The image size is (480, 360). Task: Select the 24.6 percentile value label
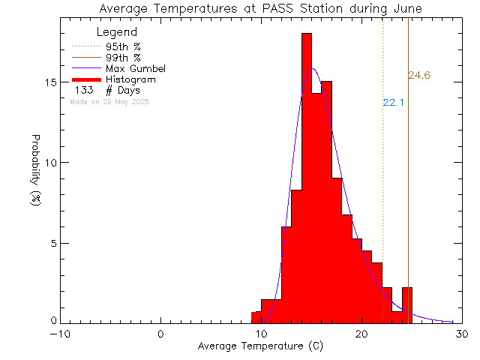click(x=419, y=75)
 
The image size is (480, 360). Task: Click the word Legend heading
click(x=117, y=32)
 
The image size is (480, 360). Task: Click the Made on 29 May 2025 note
click(x=109, y=101)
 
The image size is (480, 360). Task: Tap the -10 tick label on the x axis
click(x=61, y=334)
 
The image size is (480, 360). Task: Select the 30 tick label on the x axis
click(x=462, y=334)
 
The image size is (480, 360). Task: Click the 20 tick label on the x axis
click(x=361, y=334)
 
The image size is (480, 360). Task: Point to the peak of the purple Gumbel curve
click(x=313, y=69)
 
